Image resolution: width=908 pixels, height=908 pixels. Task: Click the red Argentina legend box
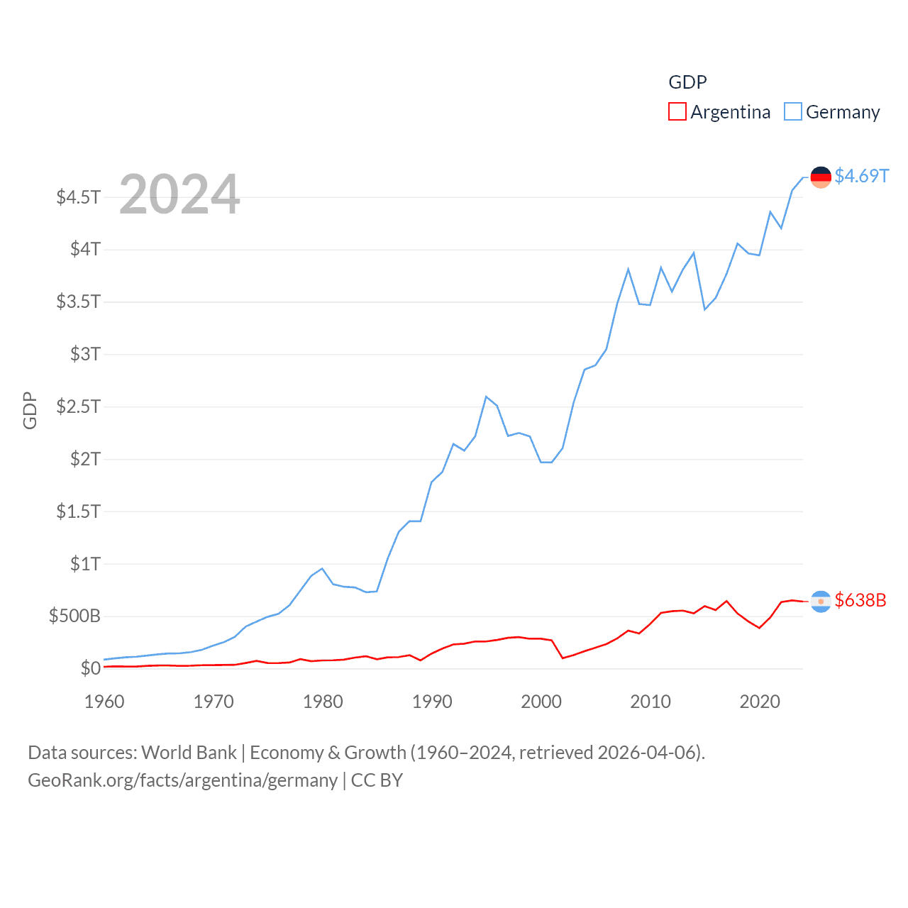(677, 112)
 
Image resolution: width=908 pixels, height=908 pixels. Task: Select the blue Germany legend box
(792, 112)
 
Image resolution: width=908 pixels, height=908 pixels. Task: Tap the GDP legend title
(687, 82)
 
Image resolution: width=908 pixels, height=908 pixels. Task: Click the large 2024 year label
(179, 194)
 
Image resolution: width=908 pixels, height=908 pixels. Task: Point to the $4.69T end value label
(861, 176)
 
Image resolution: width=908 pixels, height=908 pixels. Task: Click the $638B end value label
(860, 600)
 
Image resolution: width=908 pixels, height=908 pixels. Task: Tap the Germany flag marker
(821, 177)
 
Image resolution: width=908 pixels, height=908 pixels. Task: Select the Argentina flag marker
(821, 602)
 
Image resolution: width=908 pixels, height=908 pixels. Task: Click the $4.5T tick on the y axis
(78, 197)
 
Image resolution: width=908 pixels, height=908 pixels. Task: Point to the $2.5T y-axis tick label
(78, 406)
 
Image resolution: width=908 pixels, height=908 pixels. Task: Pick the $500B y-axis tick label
(74, 616)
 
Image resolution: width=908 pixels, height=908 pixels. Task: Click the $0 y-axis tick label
(90, 668)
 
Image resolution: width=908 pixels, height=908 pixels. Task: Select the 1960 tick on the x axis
(104, 702)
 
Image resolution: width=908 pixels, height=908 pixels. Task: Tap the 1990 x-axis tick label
(432, 702)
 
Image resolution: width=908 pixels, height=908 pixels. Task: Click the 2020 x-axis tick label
(760, 702)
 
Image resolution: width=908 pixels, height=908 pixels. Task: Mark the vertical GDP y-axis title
(30, 410)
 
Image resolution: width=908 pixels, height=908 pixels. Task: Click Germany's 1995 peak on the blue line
(486, 397)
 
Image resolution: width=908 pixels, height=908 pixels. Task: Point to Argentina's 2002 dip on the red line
(563, 658)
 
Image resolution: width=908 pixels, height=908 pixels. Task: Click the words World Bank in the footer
(189, 752)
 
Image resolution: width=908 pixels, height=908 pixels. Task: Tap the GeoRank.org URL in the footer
(182, 780)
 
